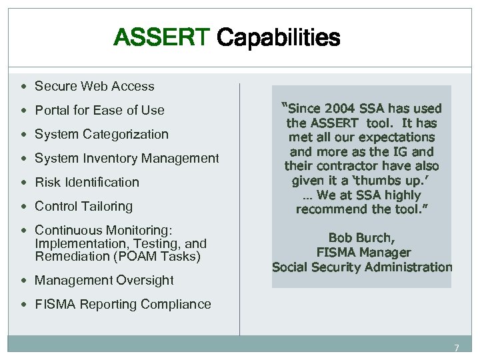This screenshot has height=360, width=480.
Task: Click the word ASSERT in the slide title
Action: [x=162, y=37]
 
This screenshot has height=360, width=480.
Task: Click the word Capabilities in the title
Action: [x=279, y=38]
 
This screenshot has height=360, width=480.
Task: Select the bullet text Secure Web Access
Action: [x=94, y=86]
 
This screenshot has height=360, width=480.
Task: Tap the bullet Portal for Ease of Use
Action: [x=99, y=110]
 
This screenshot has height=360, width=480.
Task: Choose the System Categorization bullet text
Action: [x=101, y=134]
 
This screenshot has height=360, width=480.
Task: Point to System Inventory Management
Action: [x=127, y=158]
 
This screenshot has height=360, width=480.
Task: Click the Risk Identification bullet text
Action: [x=87, y=182]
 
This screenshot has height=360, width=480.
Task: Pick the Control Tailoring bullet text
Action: [x=83, y=206]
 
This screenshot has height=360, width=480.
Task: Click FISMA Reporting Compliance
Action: [x=123, y=304]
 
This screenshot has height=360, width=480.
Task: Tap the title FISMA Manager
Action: [x=363, y=252]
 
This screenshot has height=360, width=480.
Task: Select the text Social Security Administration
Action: [x=362, y=267]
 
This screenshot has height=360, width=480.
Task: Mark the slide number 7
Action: [x=457, y=348]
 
